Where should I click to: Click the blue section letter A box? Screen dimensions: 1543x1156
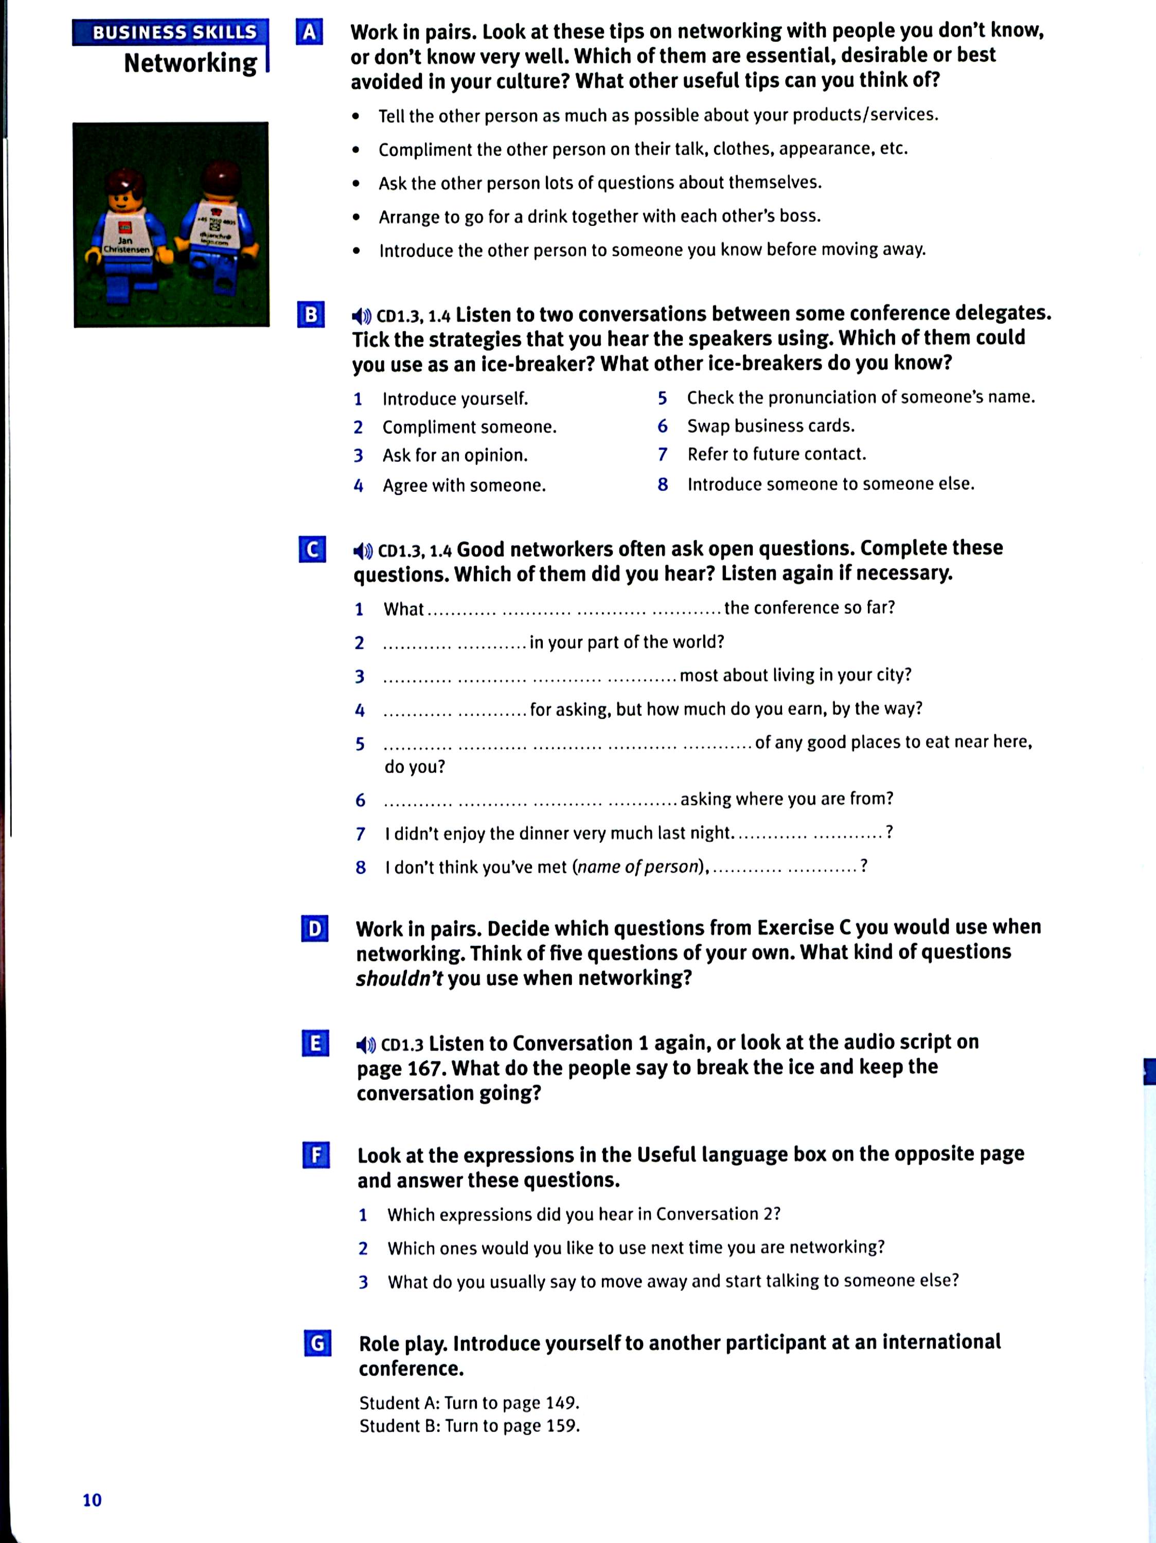click(x=309, y=32)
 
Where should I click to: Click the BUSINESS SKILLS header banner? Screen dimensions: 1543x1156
click(x=170, y=32)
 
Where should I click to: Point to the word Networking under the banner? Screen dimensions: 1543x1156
click(x=190, y=63)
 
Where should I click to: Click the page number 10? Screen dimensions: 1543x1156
click(x=92, y=1500)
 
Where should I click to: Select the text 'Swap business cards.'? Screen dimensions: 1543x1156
click(x=770, y=425)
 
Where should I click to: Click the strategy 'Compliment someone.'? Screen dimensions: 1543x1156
click(x=470, y=427)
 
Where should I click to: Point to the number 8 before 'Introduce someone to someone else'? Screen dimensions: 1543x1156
click(x=663, y=484)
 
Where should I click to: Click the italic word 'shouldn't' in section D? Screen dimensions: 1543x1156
click(x=399, y=979)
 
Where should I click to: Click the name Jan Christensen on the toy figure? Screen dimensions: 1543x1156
click(x=126, y=245)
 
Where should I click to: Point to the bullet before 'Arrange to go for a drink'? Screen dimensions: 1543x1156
click(x=357, y=217)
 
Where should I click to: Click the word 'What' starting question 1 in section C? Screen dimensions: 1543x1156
click(x=403, y=609)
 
